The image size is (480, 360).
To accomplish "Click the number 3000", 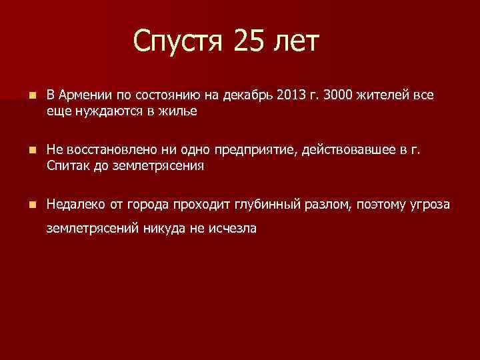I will [x=339, y=95].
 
